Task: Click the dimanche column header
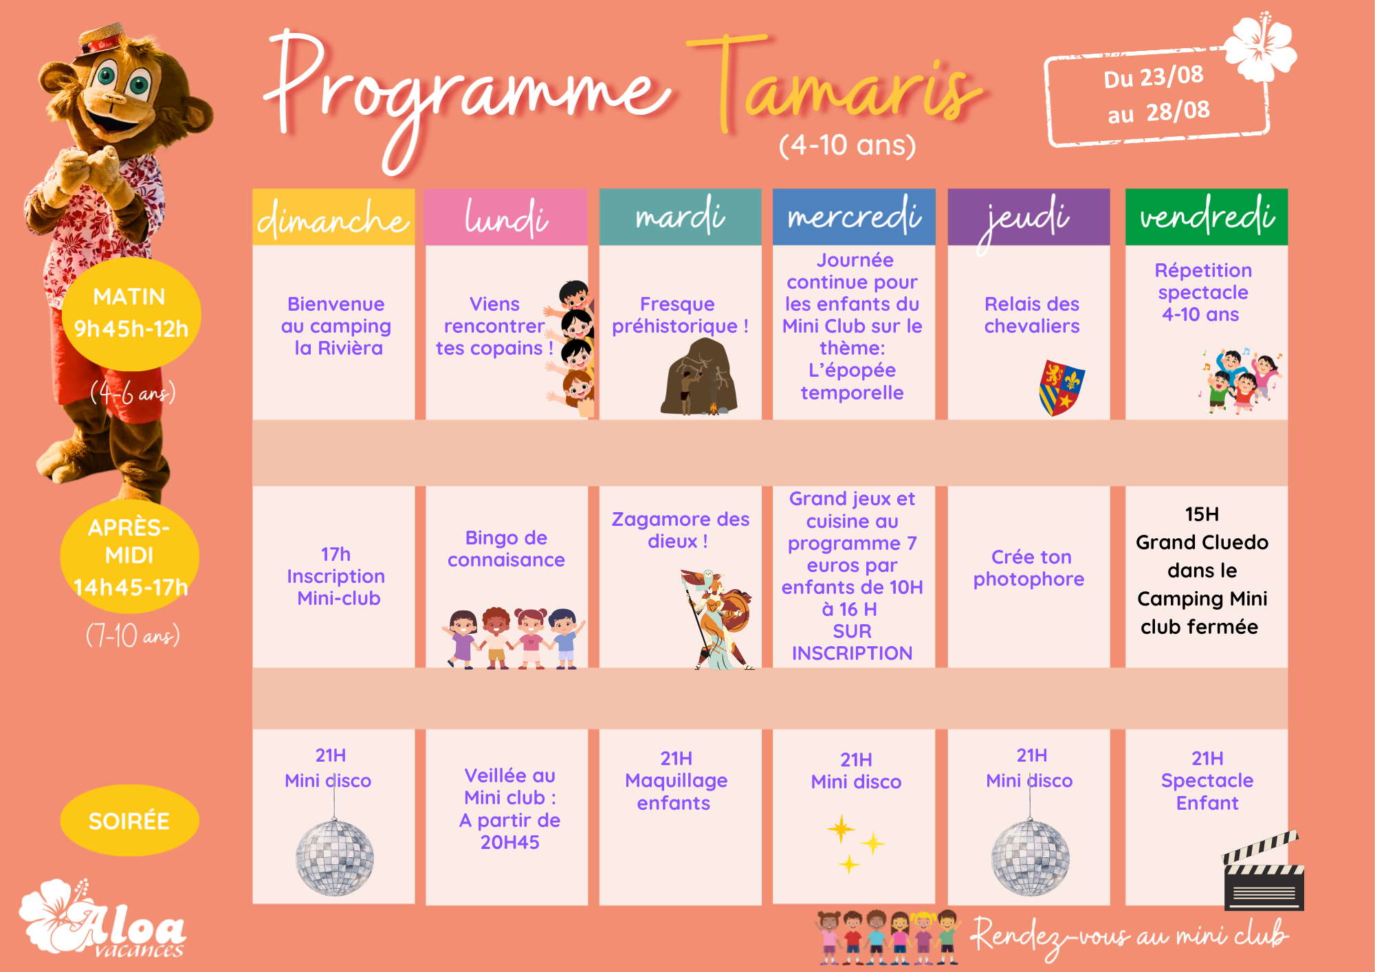[333, 217]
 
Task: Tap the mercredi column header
[854, 217]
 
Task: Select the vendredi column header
[1207, 217]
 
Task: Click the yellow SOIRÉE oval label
[129, 820]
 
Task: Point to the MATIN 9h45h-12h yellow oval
[131, 313]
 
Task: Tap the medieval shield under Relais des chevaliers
[1061, 387]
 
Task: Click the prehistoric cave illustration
[698, 377]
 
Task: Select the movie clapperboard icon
[1264, 871]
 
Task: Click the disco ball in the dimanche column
[335, 857]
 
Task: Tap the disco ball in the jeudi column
[1030, 857]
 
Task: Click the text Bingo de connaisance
[506, 549]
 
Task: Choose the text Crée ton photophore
[1029, 568]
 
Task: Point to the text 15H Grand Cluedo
[1202, 528]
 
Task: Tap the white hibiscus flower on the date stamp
[1260, 47]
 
